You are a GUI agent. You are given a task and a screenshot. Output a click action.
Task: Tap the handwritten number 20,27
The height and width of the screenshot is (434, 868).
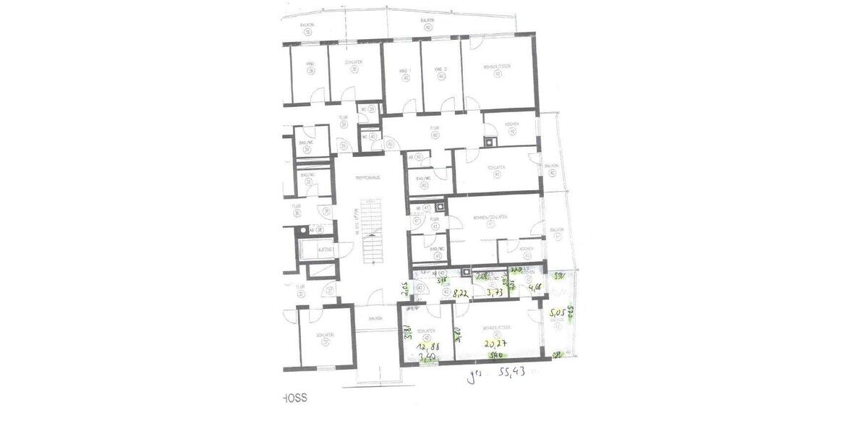pyautogui.click(x=495, y=344)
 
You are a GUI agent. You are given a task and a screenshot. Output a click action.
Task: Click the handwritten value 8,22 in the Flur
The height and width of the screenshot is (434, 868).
pyautogui.click(x=459, y=294)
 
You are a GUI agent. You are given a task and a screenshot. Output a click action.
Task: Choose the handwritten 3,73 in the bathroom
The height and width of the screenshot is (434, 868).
pyautogui.click(x=495, y=292)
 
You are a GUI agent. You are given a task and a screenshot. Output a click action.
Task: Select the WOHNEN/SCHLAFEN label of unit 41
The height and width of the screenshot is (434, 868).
pyautogui.click(x=490, y=217)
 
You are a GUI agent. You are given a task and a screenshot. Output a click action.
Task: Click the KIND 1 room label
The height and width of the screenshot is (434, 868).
pyautogui.click(x=404, y=70)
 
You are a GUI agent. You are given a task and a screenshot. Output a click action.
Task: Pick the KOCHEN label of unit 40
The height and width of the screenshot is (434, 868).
pyautogui.click(x=511, y=124)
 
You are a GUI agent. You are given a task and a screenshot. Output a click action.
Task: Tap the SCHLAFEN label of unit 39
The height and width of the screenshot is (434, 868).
pyautogui.click(x=353, y=63)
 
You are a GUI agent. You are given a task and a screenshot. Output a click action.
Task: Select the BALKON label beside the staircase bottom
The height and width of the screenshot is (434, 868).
pyautogui.click(x=375, y=318)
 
